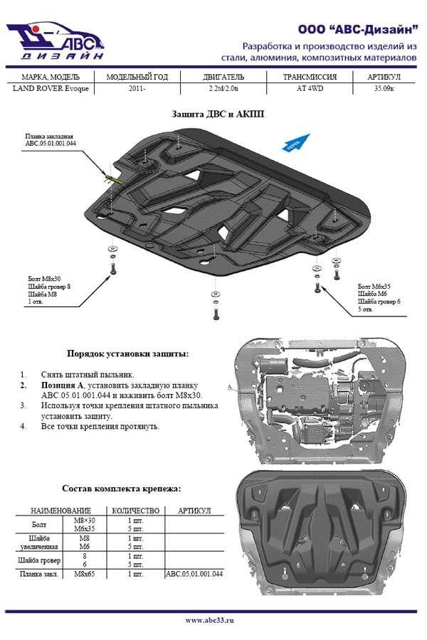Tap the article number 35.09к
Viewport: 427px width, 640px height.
coord(385,88)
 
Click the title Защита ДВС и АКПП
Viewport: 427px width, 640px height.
coord(213,114)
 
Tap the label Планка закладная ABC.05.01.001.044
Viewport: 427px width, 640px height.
coord(51,140)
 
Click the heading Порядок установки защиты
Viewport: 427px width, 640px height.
coord(128,353)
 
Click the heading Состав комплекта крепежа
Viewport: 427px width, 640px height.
coord(121,489)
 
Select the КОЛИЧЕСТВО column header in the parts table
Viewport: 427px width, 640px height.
coord(135,511)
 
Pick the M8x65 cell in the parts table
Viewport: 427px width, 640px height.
coord(84,573)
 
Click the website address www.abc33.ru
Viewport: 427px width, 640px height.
coord(210,621)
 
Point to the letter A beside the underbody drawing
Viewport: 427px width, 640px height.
coord(230,388)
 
